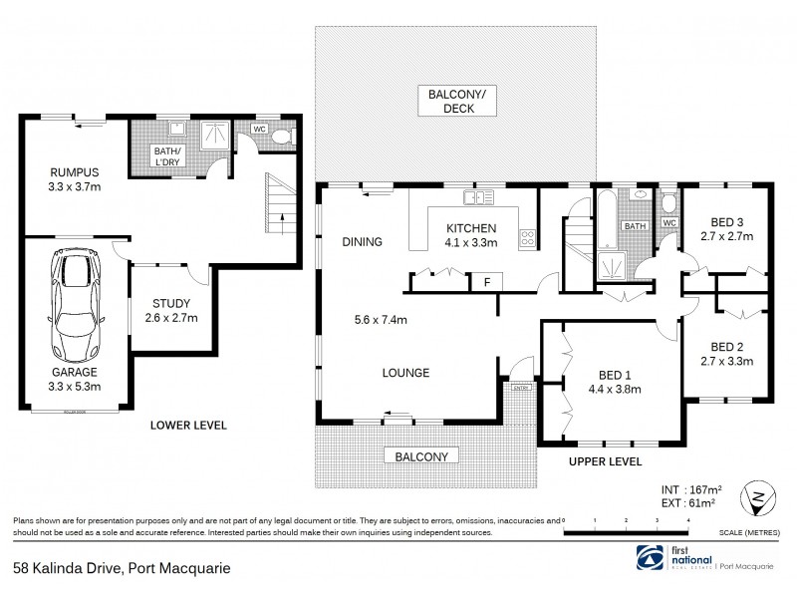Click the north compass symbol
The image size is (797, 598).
coord(761,495)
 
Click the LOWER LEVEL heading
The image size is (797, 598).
coord(188,426)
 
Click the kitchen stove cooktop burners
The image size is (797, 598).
coord(528,238)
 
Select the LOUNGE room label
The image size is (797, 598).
coord(405,374)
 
